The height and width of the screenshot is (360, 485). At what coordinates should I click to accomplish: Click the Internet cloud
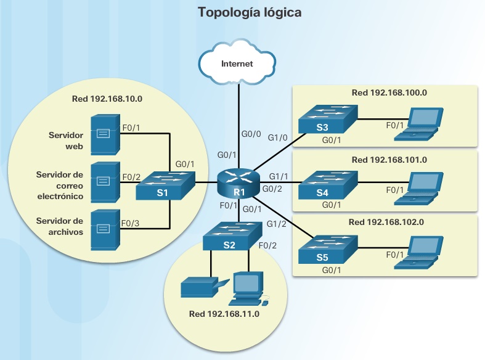[x=237, y=63]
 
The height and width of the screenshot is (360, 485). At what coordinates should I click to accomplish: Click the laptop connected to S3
[x=419, y=122]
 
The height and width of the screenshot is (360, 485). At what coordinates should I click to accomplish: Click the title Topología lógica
[x=249, y=12]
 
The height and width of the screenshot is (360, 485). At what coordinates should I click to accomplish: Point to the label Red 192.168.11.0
[x=224, y=314]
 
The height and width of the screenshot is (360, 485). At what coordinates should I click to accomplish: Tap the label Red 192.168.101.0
[x=388, y=160]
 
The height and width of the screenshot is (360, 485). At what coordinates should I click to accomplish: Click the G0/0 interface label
[x=250, y=133]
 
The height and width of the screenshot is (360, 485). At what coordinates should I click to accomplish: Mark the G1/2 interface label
[x=276, y=224]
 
